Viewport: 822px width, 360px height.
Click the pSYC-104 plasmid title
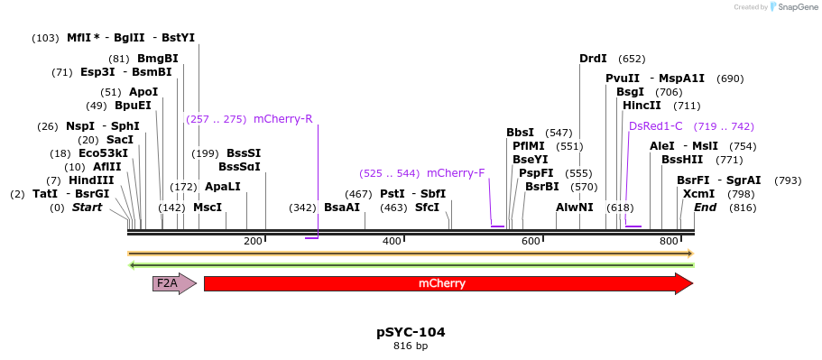click(411, 332)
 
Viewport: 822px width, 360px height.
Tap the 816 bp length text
click(411, 346)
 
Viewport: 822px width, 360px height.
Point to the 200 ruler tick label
click(253, 241)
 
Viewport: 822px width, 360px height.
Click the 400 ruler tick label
click(392, 241)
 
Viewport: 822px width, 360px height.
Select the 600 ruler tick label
click(531, 241)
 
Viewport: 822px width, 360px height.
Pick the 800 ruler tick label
click(669, 241)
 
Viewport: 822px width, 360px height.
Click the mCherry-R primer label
click(283, 119)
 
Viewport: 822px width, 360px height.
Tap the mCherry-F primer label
click(456, 173)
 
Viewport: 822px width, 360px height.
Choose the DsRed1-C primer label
click(656, 126)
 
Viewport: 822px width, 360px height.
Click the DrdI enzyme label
click(593, 59)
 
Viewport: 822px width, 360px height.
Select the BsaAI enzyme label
click(342, 208)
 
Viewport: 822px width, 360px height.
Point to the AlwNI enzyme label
click(575, 208)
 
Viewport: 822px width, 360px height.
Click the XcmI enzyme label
click(699, 194)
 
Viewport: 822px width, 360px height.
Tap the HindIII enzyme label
click(91, 180)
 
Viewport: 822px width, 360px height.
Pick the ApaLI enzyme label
click(223, 187)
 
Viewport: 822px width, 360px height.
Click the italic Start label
click(87, 208)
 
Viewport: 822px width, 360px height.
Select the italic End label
click(706, 208)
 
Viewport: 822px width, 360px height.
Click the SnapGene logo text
click(794, 7)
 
